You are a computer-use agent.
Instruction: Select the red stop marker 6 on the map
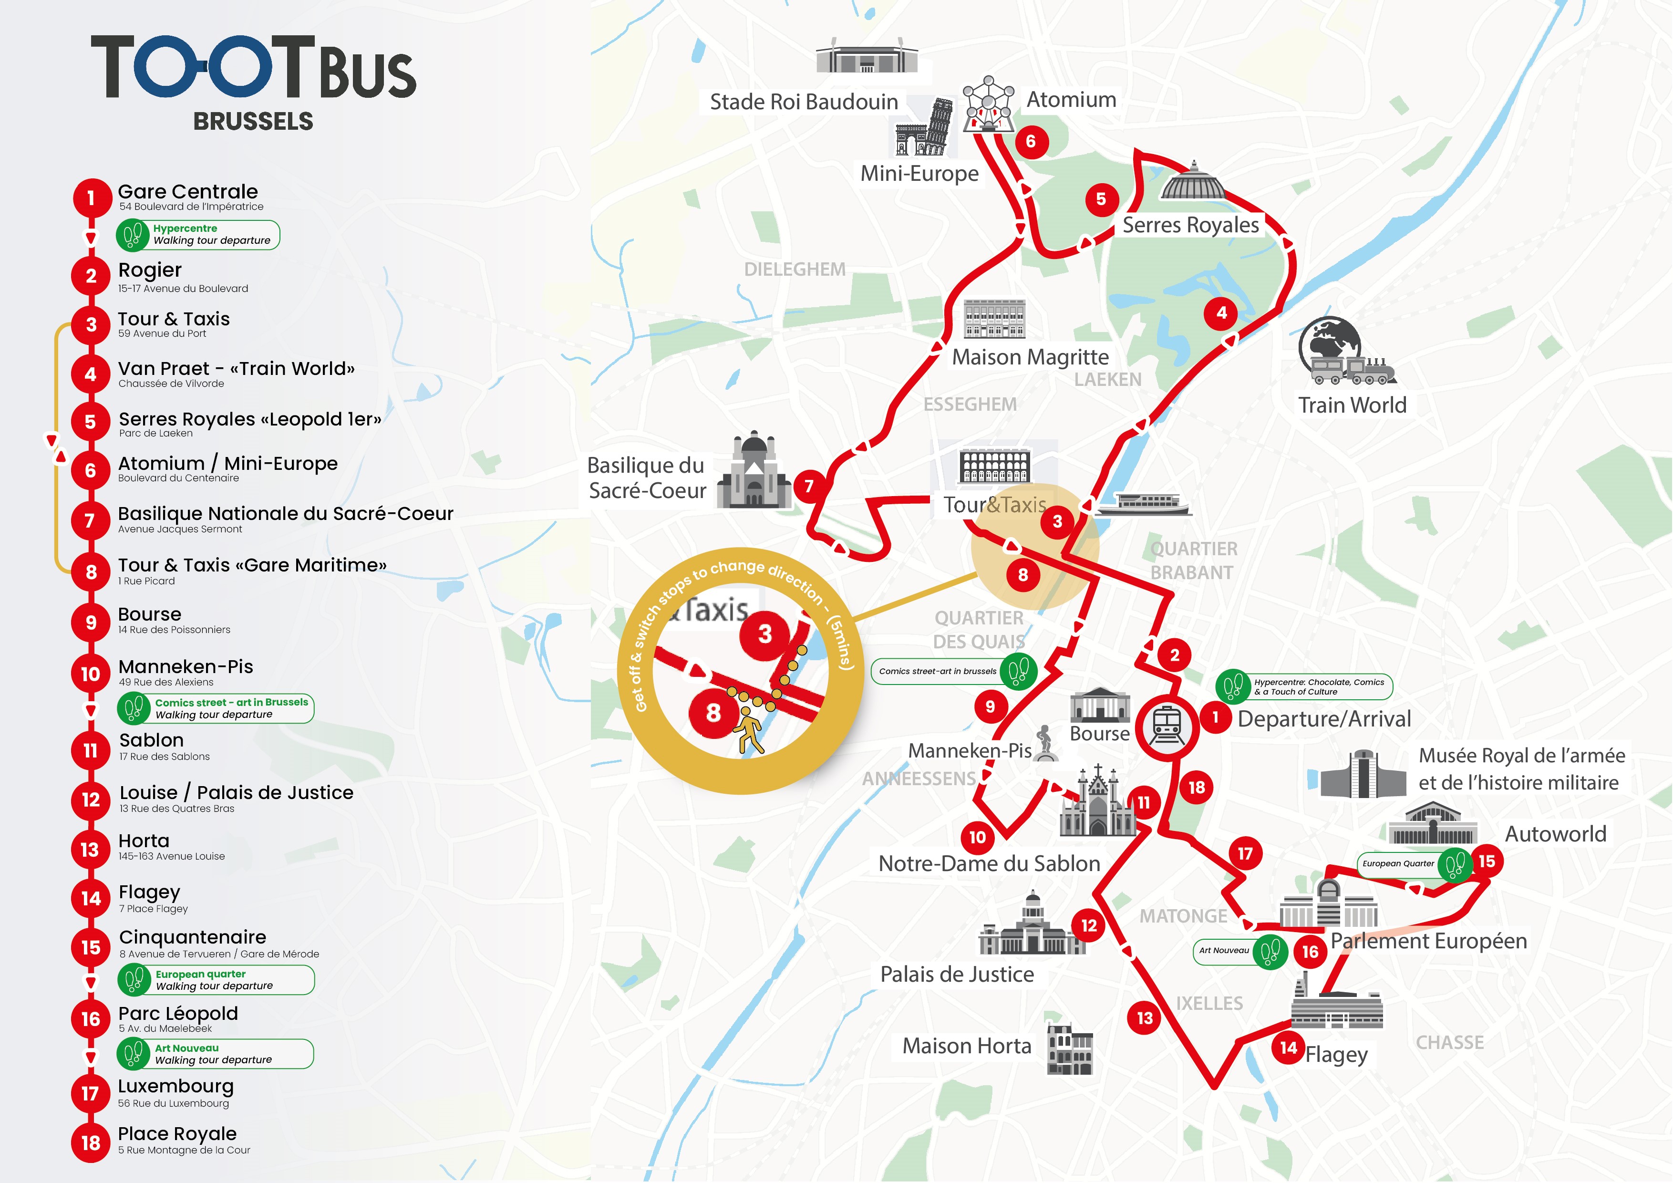[1030, 141]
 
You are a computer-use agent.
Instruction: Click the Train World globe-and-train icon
[1345, 352]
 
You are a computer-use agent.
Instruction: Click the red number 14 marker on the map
[1288, 1048]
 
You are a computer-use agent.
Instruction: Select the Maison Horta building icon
[1070, 1048]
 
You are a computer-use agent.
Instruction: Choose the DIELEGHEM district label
[794, 270]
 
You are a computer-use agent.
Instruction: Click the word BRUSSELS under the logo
[253, 121]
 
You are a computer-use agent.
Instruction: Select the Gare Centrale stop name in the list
[188, 192]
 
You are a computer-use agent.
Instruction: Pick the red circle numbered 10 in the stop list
[90, 674]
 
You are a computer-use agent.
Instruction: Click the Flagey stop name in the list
[149, 892]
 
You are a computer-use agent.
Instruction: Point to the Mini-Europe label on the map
[919, 174]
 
